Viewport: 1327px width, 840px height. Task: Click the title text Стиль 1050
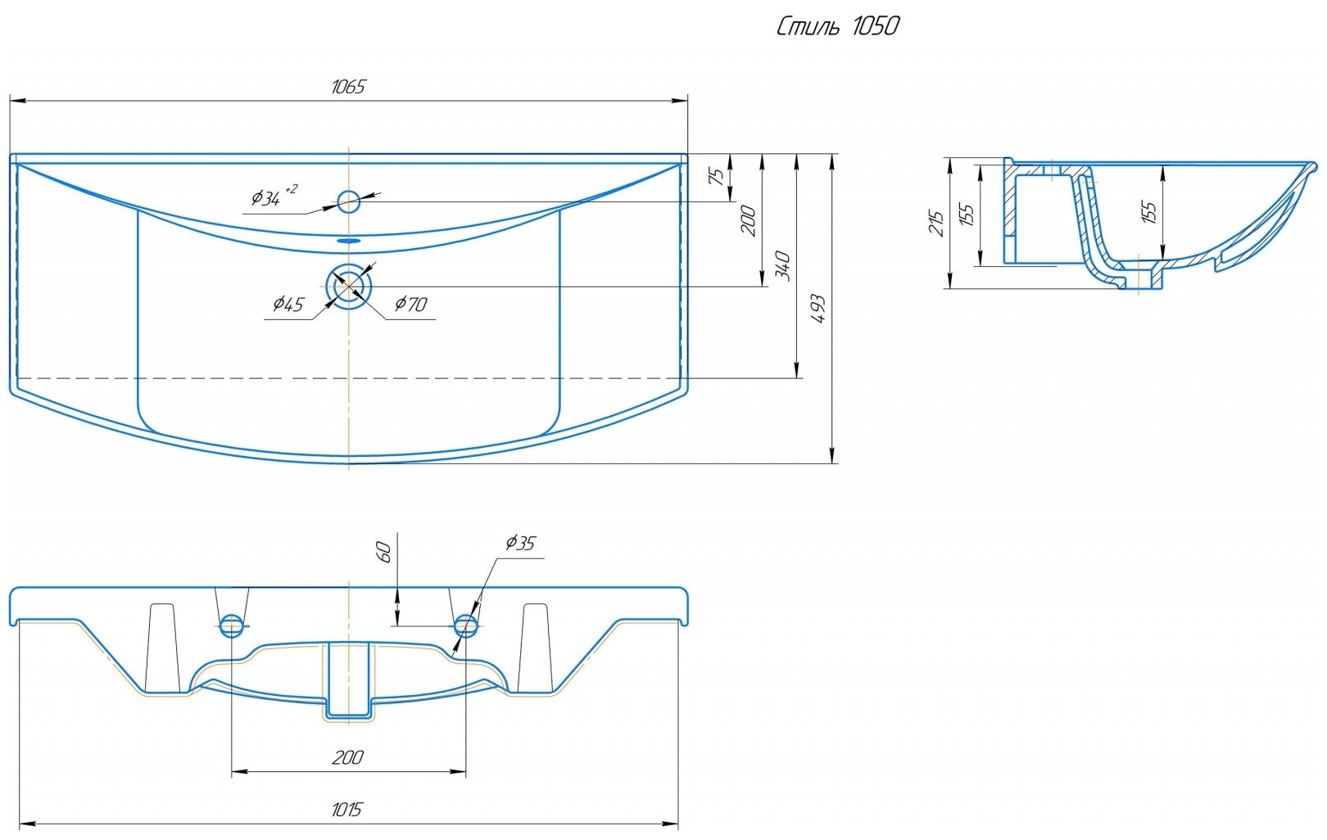pos(836,27)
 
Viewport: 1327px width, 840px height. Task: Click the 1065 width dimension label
pos(347,87)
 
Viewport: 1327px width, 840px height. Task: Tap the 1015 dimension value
pos(347,810)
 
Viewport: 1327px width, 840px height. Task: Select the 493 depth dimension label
pos(817,309)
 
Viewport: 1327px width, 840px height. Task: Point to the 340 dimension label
pos(783,266)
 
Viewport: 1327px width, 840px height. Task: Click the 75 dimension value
pos(716,177)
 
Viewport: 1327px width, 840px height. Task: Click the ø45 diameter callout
pos(288,305)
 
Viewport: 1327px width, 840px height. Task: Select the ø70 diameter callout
pos(410,305)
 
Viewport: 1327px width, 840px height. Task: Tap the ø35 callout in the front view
pos(520,543)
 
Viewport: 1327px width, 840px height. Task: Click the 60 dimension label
pos(384,551)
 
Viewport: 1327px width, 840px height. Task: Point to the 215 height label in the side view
pos(937,223)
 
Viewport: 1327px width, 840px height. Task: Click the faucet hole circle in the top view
pos(349,200)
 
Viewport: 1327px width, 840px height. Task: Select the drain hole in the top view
pos(349,286)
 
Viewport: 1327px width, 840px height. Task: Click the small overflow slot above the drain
pos(349,242)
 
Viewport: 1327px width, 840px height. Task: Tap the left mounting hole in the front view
pos(232,627)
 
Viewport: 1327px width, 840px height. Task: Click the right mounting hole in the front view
pos(465,627)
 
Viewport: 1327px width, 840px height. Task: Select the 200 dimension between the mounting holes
pos(347,757)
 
